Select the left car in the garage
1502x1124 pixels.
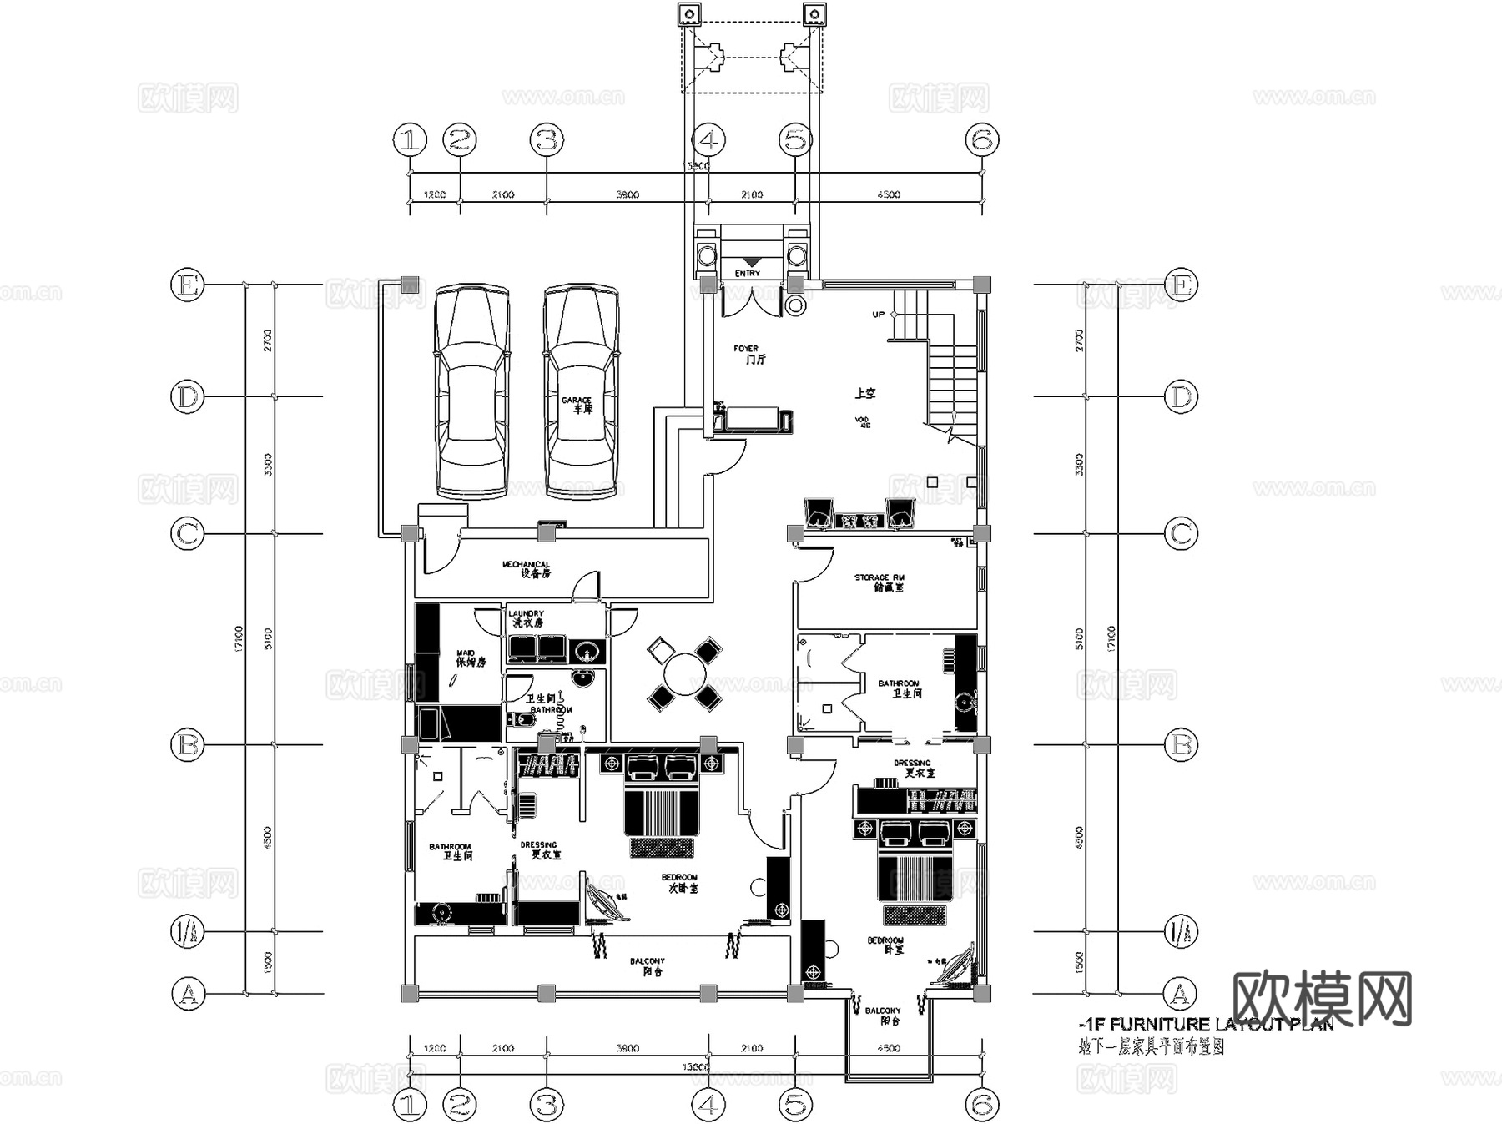tap(471, 392)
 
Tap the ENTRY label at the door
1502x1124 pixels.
tap(748, 273)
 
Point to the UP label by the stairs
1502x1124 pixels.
tap(878, 315)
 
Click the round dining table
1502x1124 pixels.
tap(684, 673)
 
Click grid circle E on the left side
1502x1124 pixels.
tap(187, 285)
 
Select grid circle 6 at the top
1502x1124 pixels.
tap(982, 140)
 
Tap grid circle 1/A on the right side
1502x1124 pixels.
tap(1181, 931)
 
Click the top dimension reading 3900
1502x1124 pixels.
tap(628, 194)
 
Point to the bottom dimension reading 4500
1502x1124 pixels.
tap(889, 1048)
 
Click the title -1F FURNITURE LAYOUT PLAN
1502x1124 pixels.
tap(1205, 1025)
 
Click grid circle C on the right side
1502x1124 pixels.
tap(1181, 533)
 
